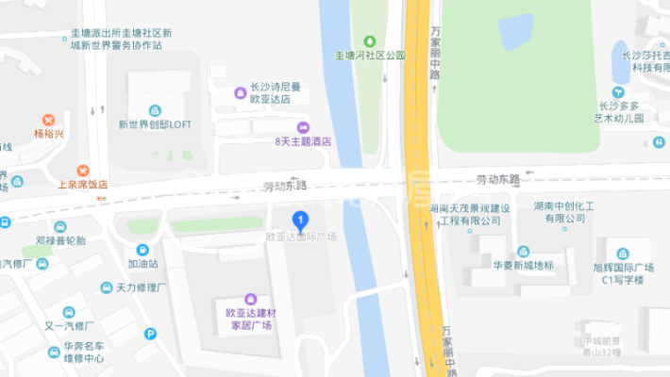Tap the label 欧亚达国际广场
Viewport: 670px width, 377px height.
(x=301, y=237)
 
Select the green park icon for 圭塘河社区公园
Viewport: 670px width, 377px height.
(x=370, y=41)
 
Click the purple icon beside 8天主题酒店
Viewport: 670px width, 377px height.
(x=303, y=127)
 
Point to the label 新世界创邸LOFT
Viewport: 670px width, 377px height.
(x=155, y=123)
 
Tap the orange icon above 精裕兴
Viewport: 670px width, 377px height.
(x=48, y=120)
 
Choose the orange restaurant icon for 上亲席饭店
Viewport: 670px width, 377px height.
(x=83, y=171)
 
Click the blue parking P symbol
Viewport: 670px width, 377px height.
(x=150, y=334)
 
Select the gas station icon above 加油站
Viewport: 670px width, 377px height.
(x=142, y=251)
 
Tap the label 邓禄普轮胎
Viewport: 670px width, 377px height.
(x=60, y=240)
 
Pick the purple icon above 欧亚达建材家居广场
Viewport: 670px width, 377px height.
(x=249, y=299)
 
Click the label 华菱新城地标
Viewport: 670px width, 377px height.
(x=522, y=265)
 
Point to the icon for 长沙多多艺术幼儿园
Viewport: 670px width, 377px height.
(x=617, y=92)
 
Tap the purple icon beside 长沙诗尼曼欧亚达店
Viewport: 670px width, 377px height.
(x=241, y=91)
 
